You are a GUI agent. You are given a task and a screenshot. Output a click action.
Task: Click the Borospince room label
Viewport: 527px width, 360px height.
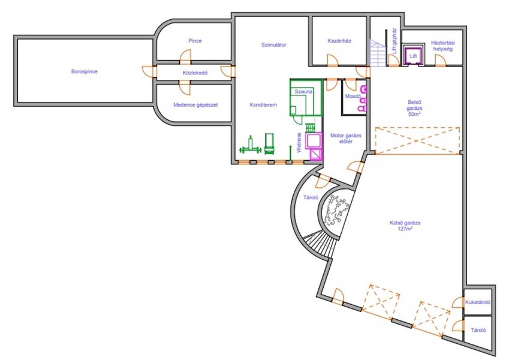pyautogui.click(x=85, y=71)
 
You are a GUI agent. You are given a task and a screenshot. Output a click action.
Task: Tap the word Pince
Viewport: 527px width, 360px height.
pyautogui.click(x=195, y=41)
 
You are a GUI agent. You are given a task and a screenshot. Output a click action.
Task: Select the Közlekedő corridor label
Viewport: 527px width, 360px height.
pyautogui.click(x=195, y=73)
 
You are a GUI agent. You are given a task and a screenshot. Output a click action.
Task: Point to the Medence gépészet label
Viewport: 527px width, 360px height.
pyautogui.click(x=195, y=105)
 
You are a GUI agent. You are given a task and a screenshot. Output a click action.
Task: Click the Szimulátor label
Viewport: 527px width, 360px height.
pyautogui.click(x=273, y=44)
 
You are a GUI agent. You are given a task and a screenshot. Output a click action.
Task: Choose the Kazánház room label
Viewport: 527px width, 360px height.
pyautogui.click(x=339, y=41)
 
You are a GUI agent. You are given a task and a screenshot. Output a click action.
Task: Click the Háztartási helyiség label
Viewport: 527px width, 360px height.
pyautogui.click(x=443, y=46)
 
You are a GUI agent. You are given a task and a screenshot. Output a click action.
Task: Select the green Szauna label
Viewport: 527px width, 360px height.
pyautogui.click(x=303, y=91)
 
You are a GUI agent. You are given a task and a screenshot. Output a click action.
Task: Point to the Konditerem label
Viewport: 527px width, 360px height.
pyautogui.click(x=263, y=104)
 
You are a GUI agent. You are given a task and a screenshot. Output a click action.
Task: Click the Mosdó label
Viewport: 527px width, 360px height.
pyautogui.click(x=353, y=96)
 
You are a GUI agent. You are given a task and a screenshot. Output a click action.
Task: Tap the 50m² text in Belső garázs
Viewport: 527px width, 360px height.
pyautogui.click(x=414, y=114)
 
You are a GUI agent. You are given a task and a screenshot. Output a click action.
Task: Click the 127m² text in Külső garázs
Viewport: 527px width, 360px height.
pyautogui.click(x=405, y=229)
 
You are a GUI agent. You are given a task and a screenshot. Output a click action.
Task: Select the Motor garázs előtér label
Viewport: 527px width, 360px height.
pyautogui.click(x=345, y=138)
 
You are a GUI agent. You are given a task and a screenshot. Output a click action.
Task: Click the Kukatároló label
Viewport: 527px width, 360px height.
pyautogui.click(x=478, y=302)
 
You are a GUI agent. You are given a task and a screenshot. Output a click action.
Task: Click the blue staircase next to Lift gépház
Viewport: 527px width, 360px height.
pyautogui.click(x=377, y=53)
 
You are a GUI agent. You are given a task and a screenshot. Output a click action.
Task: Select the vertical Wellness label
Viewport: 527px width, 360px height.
pyautogui.click(x=299, y=143)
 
